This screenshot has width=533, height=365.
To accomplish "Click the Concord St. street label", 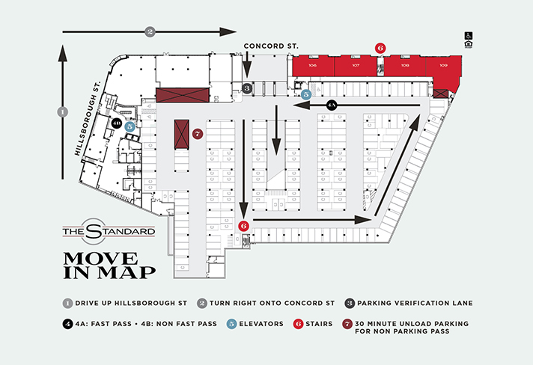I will click(271, 46).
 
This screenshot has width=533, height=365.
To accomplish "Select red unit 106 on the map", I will click(312, 66).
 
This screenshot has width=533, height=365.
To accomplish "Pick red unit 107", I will click(356, 66).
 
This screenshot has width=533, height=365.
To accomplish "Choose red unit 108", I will click(405, 66).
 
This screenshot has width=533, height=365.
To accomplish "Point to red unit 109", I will click(444, 66).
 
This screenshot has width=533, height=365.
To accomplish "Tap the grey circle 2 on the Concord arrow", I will click(150, 31).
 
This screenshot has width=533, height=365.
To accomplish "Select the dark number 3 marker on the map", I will click(247, 88).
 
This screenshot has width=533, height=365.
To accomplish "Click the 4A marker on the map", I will click(332, 106).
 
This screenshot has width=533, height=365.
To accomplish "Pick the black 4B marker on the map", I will click(118, 123).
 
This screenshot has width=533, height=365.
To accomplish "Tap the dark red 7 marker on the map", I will click(197, 135).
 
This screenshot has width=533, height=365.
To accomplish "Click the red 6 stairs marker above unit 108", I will click(380, 47).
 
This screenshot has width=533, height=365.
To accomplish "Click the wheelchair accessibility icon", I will click(469, 34).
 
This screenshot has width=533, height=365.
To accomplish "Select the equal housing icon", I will click(469, 45).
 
